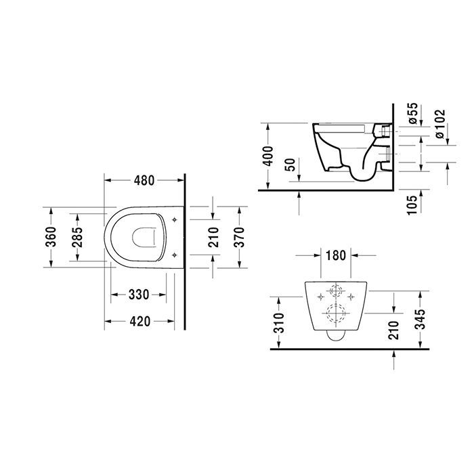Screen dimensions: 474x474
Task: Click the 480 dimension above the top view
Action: click(144, 181)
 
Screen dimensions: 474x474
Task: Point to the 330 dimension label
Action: click(139, 295)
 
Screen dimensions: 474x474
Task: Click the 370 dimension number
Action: click(238, 237)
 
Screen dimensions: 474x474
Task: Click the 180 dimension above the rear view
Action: click(336, 255)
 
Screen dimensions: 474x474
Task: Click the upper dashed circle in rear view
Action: click(335, 292)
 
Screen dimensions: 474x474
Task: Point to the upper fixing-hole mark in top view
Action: click(175, 220)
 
